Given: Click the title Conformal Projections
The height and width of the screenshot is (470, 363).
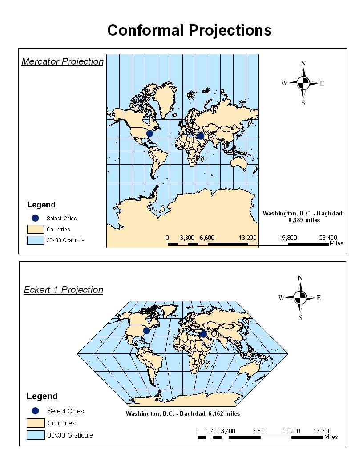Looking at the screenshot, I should [x=189, y=30].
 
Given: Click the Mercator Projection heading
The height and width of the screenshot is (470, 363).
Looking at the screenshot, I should [x=62, y=61].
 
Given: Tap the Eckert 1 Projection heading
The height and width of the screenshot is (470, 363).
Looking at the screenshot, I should [x=63, y=290].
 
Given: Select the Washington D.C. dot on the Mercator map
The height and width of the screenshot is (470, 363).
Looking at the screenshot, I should [x=149, y=133].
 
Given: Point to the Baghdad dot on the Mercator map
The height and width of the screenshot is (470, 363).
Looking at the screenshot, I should [x=201, y=136].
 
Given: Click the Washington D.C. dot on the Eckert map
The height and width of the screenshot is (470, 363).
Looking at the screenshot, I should [x=146, y=330].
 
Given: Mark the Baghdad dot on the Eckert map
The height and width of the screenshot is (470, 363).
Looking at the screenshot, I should [x=203, y=334].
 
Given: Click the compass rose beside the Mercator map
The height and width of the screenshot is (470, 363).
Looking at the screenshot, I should [x=303, y=83].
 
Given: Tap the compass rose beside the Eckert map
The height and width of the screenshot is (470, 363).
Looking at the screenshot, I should [x=300, y=298].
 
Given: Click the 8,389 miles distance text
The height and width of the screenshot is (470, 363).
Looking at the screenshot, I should [x=303, y=220].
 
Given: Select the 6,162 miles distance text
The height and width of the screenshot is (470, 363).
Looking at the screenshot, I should [x=183, y=413].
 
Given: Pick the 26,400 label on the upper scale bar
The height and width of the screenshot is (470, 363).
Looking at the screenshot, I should [x=328, y=238].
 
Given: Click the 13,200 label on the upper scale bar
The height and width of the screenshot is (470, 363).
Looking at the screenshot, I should [x=248, y=238].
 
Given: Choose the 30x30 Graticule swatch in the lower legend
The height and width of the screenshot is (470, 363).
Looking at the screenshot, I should [x=35, y=435].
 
